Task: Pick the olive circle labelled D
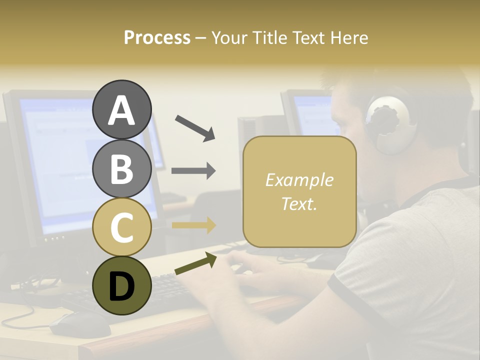point(121,285)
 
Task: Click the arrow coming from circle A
point(195,127)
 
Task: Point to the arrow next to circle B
point(193,171)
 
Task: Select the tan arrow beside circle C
point(193,225)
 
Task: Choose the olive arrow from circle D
point(195,263)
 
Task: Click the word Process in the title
point(157,38)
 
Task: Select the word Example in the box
point(299,180)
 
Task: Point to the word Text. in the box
point(299,203)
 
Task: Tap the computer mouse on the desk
point(80,324)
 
